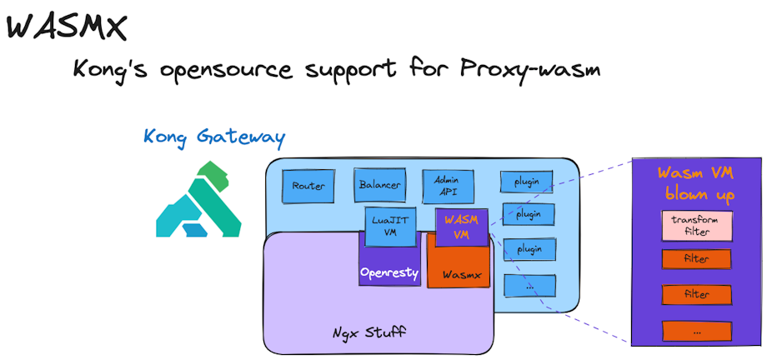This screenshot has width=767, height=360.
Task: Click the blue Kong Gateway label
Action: pyautogui.click(x=214, y=135)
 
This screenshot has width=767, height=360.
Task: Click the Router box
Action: pyautogui.click(x=308, y=186)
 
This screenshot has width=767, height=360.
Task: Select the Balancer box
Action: pyautogui.click(x=379, y=185)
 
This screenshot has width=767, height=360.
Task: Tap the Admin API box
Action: pyautogui.click(x=448, y=185)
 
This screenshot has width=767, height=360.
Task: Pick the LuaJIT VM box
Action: pyautogui.click(x=389, y=227)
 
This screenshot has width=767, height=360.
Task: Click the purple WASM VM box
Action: pyautogui.click(x=461, y=226)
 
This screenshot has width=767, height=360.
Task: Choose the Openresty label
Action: pyautogui.click(x=389, y=272)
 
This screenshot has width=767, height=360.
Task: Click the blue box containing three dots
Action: pyautogui.click(x=529, y=285)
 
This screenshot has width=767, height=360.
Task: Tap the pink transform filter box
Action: pyautogui.click(x=696, y=224)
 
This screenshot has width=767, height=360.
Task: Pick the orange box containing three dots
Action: pyautogui.click(x=696, y=330)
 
